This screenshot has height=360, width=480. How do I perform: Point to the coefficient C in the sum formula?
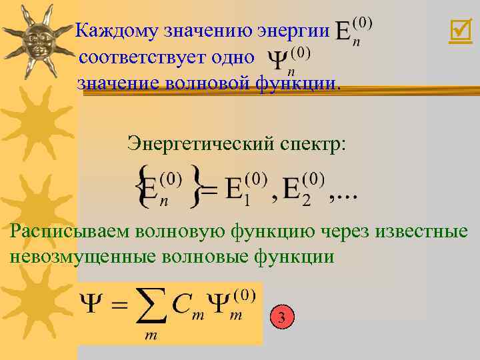[181, 306]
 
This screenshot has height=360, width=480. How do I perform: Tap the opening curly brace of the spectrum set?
[140, 186]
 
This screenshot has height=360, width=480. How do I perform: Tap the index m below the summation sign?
[151, 337]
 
